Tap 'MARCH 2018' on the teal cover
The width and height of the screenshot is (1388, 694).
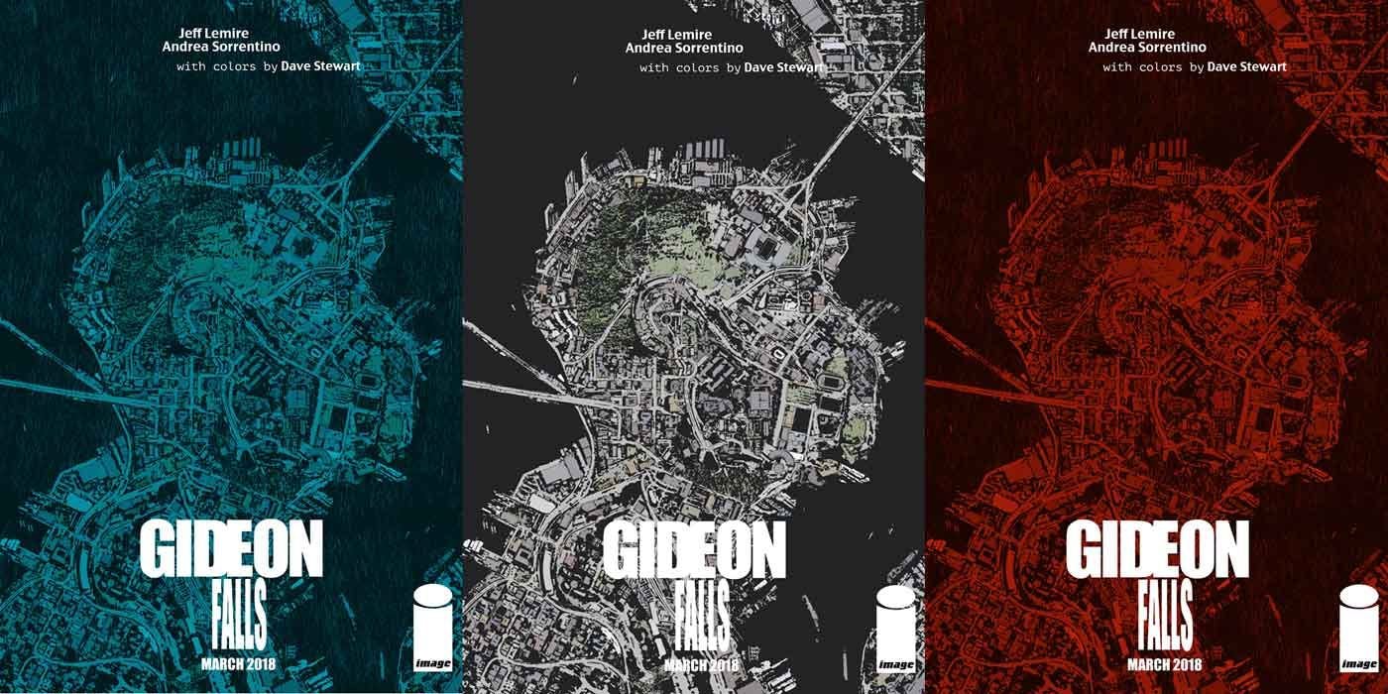tap(231, 663)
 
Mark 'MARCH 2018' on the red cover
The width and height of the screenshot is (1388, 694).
tap(1157, 663)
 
